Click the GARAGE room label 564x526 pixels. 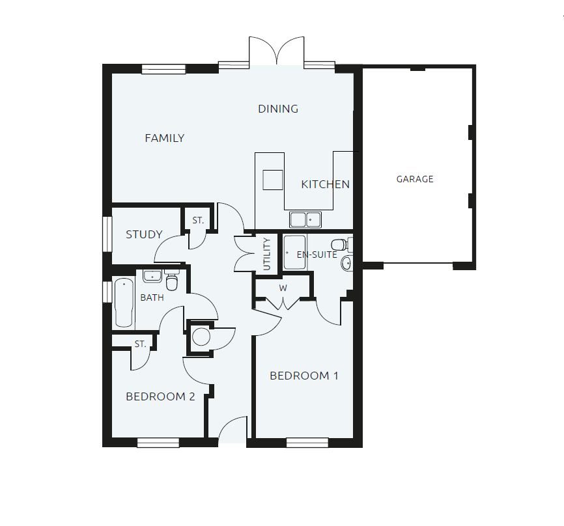point(415,179)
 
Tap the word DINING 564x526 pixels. point(278,109)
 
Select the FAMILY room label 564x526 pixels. point(164,138)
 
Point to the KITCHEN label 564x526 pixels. point(325,185)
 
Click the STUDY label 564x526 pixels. point(144,234)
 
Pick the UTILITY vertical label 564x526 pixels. point(266,255)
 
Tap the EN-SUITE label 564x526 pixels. point(317,255)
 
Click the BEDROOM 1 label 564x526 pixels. point(304,376)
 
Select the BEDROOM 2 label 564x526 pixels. point(160,396)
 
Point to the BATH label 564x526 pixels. point(152,298)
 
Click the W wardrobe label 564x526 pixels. point(283,288)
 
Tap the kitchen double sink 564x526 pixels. point(305,219)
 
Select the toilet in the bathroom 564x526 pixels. point(172,281)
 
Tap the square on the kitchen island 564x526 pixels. point(272,179)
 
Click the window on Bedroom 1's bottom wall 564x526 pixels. point(307,443)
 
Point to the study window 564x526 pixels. point(106,232)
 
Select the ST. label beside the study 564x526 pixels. point(198,221)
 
